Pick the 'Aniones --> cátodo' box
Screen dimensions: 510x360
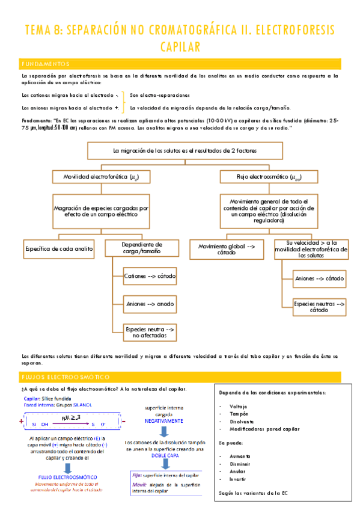319,278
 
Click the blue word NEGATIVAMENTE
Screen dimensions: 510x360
163,422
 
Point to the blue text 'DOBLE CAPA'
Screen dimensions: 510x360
163,456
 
